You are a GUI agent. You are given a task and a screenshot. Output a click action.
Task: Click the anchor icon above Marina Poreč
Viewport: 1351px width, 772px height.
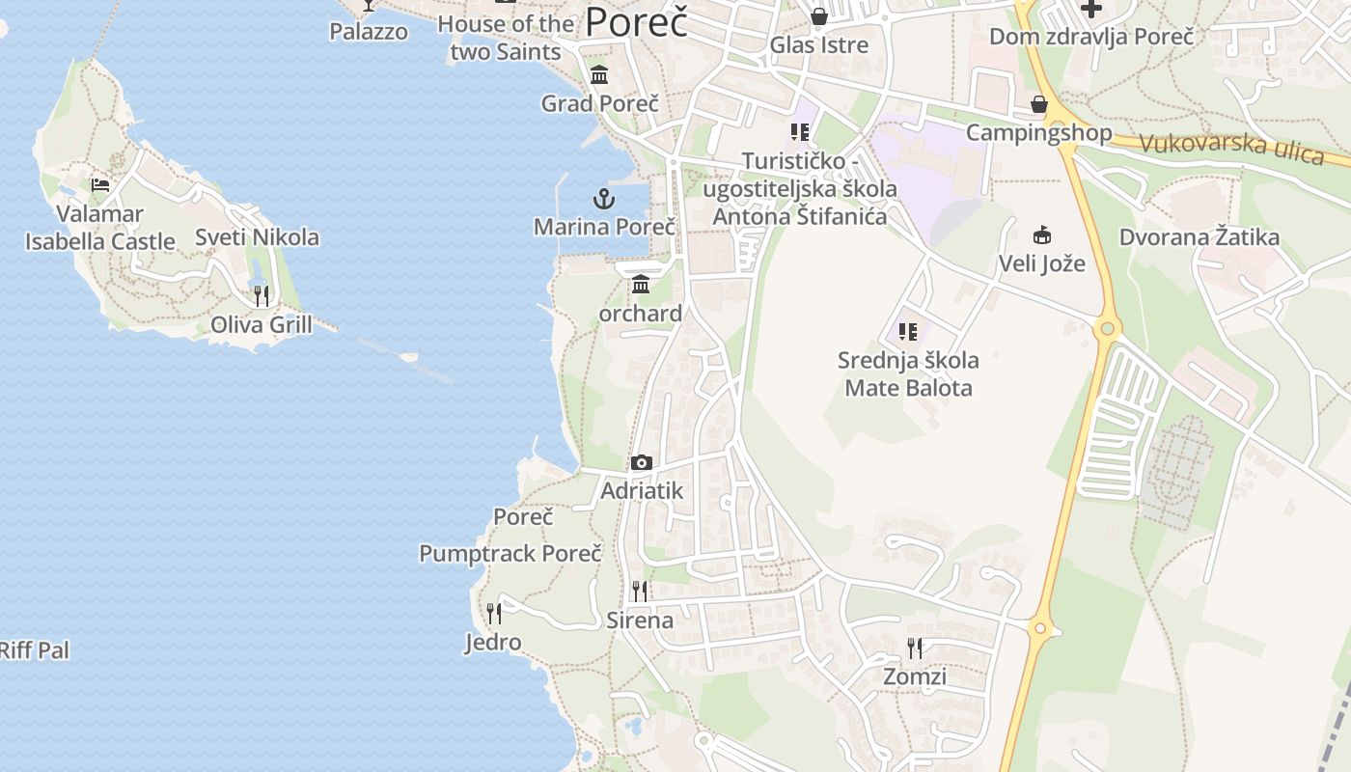coord(603,200)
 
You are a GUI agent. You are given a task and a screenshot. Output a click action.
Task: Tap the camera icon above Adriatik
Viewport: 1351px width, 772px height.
coord(642,463)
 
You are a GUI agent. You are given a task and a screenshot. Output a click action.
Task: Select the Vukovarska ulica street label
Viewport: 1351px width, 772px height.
coord(1231,148)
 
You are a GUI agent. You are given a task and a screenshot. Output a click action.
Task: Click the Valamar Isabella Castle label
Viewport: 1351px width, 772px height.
coord(100,228)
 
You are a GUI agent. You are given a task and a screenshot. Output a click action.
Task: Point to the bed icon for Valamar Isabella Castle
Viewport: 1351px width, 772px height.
coord(100,185)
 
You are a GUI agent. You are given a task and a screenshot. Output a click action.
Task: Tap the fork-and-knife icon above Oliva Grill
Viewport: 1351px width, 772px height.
coord(262,295)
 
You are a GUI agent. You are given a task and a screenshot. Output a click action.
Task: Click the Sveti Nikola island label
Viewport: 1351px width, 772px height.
coord(257,237)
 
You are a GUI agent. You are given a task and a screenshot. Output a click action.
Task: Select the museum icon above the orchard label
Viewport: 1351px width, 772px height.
coord(641,285)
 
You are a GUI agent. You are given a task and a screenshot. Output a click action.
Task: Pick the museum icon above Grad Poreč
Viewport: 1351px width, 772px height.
coord(599,74)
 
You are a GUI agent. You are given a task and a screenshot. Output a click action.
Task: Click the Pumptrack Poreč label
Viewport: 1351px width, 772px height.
coord(510,554)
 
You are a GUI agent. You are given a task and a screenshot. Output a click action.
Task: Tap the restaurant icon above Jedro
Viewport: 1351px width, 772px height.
coord(494,613)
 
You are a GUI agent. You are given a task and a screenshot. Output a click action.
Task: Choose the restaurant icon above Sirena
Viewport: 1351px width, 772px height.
coord(640,591)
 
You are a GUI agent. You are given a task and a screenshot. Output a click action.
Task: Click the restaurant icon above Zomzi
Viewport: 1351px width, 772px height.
coord(915,648)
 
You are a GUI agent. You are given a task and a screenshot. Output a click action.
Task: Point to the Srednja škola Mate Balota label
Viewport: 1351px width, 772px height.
coord(908,374)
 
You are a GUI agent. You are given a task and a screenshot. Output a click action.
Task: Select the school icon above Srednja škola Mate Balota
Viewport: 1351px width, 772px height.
coord(908,332)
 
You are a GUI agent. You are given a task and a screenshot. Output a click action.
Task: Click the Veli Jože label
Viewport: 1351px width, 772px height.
coord(1041,263)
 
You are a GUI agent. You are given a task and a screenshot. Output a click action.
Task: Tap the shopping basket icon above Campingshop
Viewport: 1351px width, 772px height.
coord(1039,104)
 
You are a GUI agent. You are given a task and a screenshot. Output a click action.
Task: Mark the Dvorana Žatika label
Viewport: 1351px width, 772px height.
coord(1199,237)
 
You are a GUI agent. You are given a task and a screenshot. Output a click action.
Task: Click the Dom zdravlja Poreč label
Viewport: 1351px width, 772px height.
coord(1091,37)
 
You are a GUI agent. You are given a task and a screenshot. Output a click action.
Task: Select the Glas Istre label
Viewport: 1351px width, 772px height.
coord(819,44)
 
